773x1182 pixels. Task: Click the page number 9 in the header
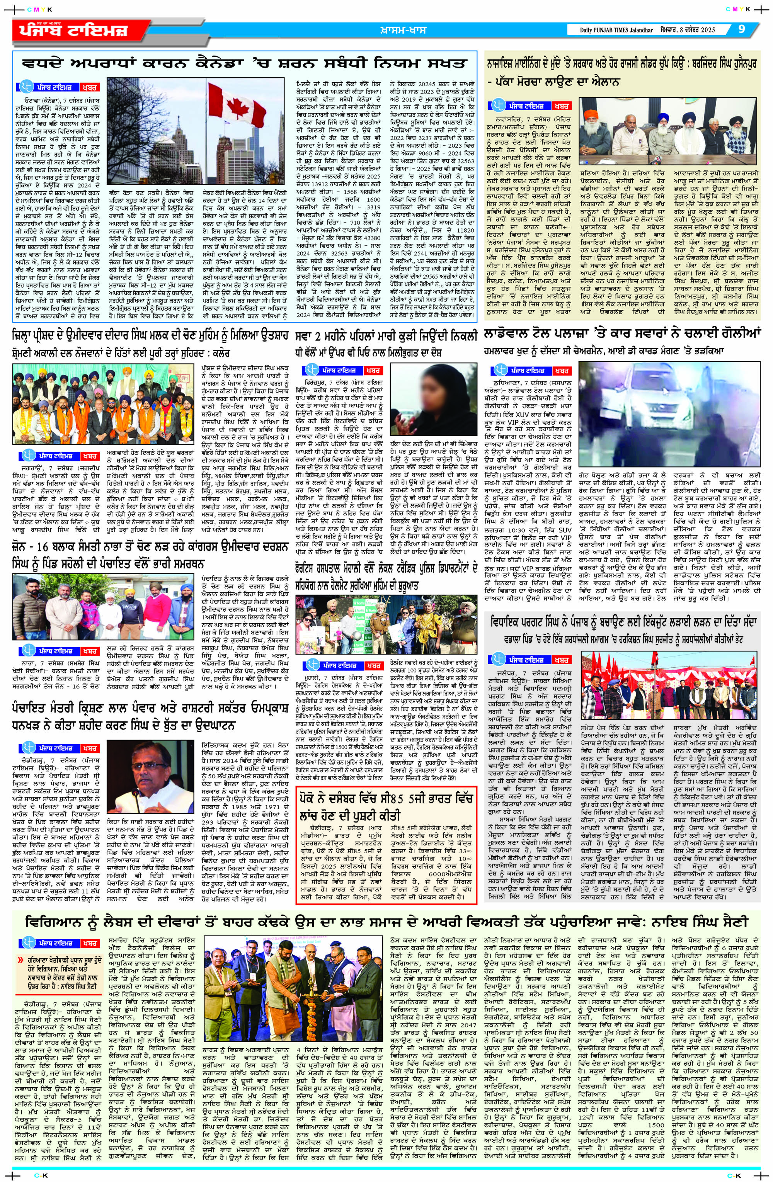click(741, 29)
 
